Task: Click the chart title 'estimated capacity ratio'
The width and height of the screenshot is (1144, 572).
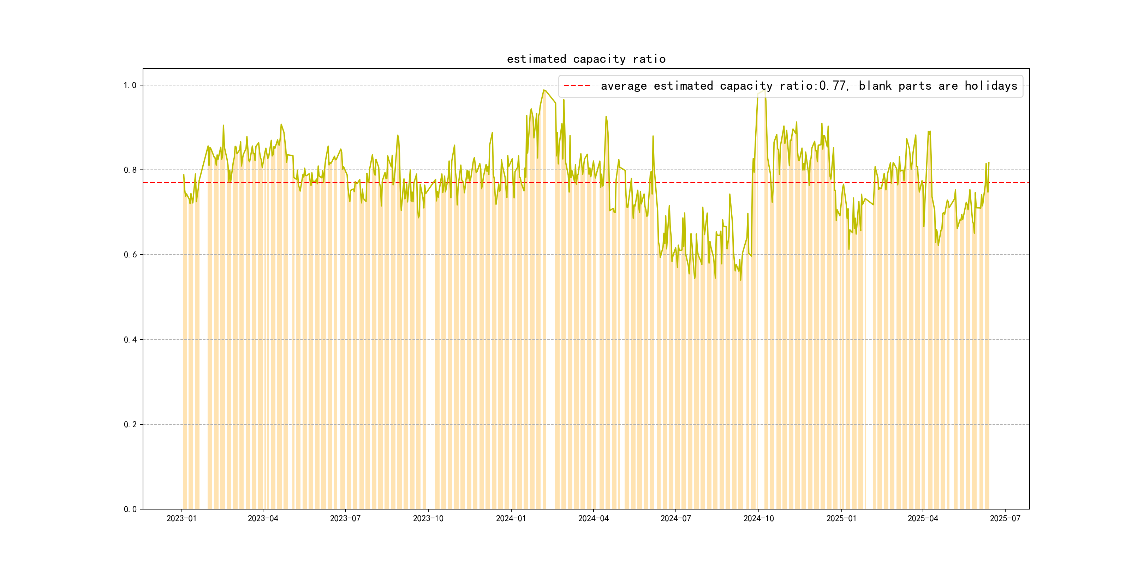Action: click(x=586, y=59)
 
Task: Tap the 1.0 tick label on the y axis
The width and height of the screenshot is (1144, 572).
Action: click(x=130, y=85)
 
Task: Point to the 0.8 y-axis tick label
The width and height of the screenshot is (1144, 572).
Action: click(x=130, y=170)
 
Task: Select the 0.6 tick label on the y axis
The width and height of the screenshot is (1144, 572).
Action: click(x=130, y=255)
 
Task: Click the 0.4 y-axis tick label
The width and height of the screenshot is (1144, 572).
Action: click(x=130, y=340)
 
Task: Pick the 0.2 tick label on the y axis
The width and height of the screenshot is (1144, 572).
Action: click(x=130, y=424)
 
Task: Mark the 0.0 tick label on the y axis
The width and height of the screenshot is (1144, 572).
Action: click(x=130, y=510)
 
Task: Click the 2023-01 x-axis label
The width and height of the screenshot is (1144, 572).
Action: click(x=181, y=519)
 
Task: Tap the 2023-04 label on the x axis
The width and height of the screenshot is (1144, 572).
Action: click(x=263, y=519)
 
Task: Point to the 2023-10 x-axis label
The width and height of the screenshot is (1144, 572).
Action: click(x=428, y=519)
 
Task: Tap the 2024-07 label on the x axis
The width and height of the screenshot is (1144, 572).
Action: click(x=675, y=519)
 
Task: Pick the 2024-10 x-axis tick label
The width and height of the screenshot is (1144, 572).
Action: click(x=758, y=519)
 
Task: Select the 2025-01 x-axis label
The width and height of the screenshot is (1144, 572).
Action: click(x=841, y=519)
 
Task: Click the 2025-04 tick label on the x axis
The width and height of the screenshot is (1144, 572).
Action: click(x=923, y=519)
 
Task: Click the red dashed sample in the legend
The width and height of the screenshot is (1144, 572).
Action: click(x=577, y=86)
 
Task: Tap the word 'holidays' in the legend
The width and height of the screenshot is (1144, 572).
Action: click(x=991, y=86)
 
